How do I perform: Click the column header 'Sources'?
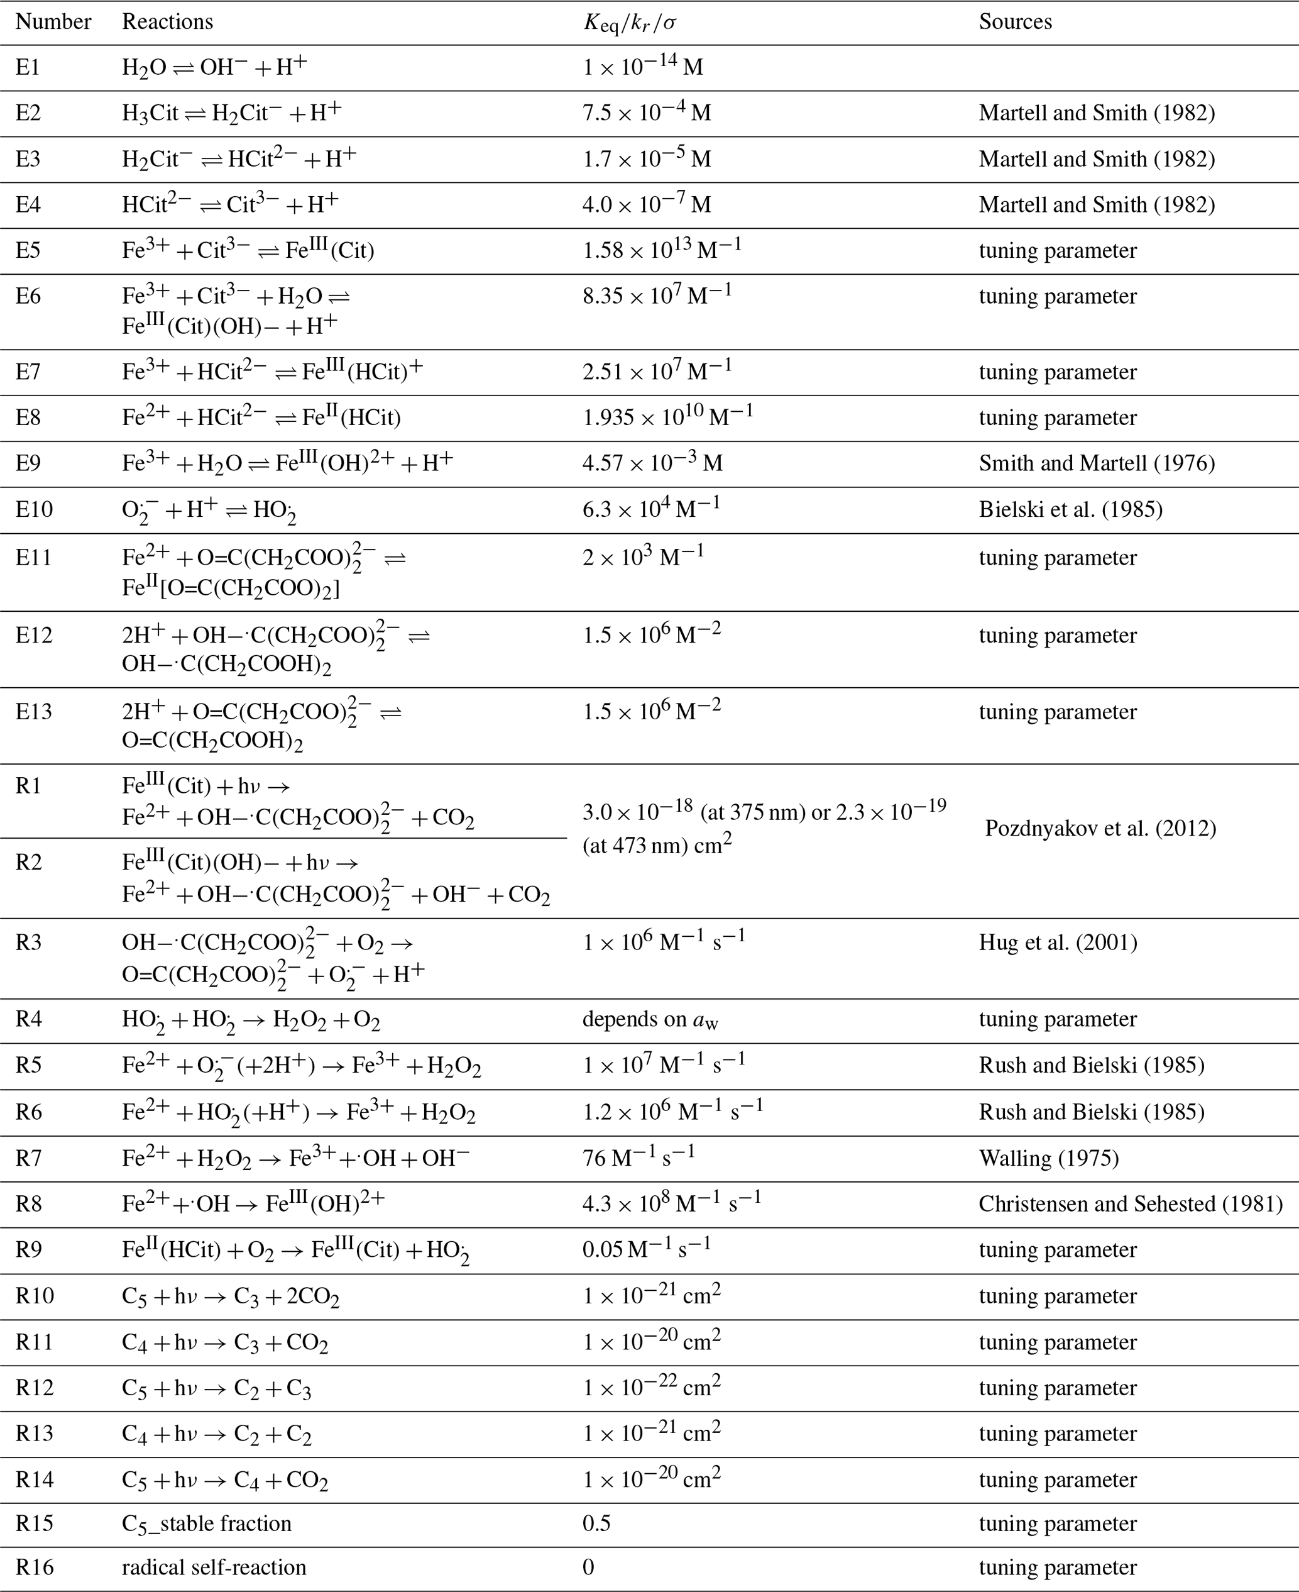pyautogui.click(x=1015, y=22)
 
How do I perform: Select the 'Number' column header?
pyautogui.click(x=53, y=22)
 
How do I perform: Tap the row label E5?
pyautogui.click(x=28, y=250)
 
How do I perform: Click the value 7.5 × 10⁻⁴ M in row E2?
pyautogui.click(x=647, y=113)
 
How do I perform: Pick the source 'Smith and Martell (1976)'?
pyautogui.click(x=1096, y=463)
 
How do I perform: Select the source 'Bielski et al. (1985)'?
pyautogui.click(x=1070, y=510)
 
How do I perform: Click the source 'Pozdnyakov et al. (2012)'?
pyautogui.click(x=1100, y=828)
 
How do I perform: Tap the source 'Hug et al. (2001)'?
pyautogui.click(x=1057, y=942)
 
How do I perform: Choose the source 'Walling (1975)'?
pyautogui.click(x=1048, y=1159)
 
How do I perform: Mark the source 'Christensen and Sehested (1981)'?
pyautogui.click(x=1130, y=1203)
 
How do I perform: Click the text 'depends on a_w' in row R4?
pyautogui.click(x=650, y=1019)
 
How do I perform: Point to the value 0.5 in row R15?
pyautogui.click(x=596, y=1524)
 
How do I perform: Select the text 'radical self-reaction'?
pyautogui.click(x=214, y=1567)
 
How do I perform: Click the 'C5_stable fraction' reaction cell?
pyautogui.click(x=207, y=1524)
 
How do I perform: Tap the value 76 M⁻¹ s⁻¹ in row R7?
pyautogui.click(x=639, y=1158)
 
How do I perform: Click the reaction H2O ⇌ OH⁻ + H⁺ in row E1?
pyautogui.click(x=214, y=67)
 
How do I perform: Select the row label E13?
pyautogui.click(x=34, y=710)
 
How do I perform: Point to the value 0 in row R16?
pyautogui.click(x=588, y=1567)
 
